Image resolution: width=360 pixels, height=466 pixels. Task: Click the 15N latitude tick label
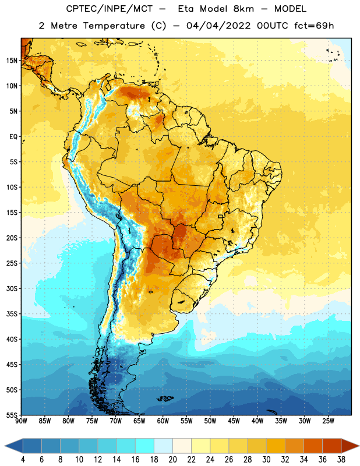(x=12, y=61)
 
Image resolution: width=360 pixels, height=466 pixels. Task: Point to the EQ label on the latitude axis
(x=13, y=137)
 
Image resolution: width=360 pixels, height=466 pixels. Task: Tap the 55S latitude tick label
(x=12, y=415)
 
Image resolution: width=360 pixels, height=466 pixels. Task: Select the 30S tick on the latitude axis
(x=12, y=288)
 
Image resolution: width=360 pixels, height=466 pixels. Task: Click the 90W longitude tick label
(x=21, y=421)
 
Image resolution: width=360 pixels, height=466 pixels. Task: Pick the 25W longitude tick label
(x=328, y=421)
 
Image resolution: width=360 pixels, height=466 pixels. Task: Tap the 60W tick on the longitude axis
(x=163, y=421)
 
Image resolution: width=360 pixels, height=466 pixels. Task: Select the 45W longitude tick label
(x=234, y=421)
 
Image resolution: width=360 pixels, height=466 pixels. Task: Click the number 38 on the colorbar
(x=341, y=460)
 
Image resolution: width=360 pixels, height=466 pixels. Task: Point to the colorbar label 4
(x=23, y=460)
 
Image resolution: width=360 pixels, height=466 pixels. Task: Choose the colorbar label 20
(x=172, y=460)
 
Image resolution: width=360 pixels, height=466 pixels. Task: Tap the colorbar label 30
(x=266, y=460)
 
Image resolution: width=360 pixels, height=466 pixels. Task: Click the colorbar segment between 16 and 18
(x=144, y=446)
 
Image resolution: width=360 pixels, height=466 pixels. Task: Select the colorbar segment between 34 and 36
(x=313, y=446)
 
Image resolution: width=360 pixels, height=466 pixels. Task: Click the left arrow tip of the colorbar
(x=5, y=446)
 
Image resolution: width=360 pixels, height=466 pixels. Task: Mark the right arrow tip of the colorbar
(x=359, y=446)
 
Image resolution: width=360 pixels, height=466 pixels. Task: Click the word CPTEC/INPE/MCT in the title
(x=109, y=9)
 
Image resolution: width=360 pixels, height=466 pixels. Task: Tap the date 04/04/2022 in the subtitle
(x=218, y=26)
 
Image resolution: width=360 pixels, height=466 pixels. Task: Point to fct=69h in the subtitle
(x=314, y=26)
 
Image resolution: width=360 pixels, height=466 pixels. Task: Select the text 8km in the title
(x=243, y=9)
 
